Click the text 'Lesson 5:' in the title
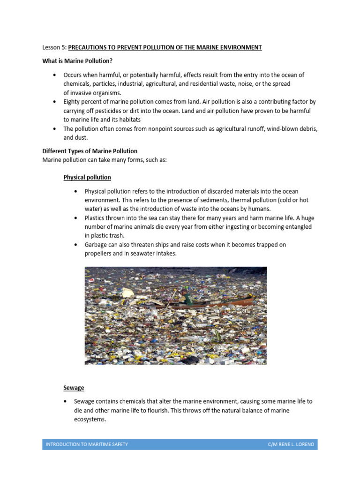[x=54, y=48]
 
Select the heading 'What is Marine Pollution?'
[x=77, y=61]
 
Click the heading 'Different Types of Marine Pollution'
[x=90, y=151]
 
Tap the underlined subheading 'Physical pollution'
[x=87, y=178]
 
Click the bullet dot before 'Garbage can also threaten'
[x=76, y=245]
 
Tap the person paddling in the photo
[x=186, y=296]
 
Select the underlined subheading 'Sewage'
[x=74, y=388]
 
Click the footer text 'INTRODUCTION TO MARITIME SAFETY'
[x=86, y=444]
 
